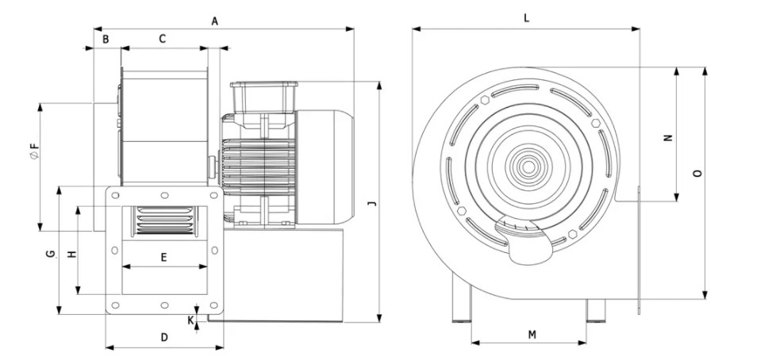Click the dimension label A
214,21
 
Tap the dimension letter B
105,38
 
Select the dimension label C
163,38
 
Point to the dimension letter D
164,337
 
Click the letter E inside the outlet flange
164,258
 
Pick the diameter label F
33,148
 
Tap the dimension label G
49,254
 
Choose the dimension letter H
71,255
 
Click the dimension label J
371,204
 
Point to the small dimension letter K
190,320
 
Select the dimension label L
527,17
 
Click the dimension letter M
532,335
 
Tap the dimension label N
668,136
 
